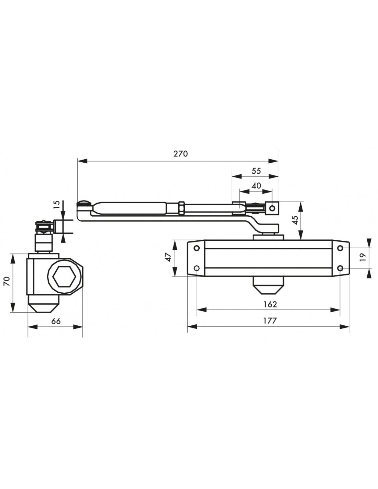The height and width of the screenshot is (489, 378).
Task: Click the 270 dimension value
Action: [180, 154]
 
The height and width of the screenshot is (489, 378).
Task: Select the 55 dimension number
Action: [256, 171]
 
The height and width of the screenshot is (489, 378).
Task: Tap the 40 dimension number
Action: [256, 186]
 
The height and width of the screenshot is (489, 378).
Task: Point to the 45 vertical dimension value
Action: [295, 220]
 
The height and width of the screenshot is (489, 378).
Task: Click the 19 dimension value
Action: [363, 258]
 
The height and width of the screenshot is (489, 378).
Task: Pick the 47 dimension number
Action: [168, 258]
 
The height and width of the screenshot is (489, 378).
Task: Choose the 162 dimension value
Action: [270, 304]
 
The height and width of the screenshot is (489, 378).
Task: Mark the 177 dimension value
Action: [270, 320]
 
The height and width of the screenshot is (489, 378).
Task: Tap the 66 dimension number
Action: [56, 321]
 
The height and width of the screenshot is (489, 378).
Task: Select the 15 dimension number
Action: [57, 205]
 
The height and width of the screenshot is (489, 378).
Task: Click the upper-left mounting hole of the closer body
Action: [197, 248]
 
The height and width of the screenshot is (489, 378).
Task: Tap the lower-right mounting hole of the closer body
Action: [340, 268]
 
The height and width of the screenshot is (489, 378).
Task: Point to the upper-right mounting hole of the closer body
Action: [340, 248]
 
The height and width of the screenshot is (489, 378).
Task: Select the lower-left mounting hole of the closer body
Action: [197, 268]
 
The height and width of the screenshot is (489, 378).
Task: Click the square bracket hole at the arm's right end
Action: [272, 208]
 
